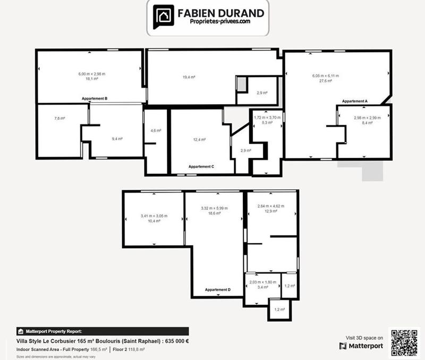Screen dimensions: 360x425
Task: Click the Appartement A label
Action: pyautogui.click(x=355, y=101)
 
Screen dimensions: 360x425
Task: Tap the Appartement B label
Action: pyautogui.click(x=95, y=98)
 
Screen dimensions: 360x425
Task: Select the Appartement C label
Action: pyautogui.click(x=201, y=166)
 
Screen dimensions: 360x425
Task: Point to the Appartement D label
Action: pyautogui.click(x=218, y=290)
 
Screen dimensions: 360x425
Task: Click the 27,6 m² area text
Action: pyautogui.click(x=325, y=81)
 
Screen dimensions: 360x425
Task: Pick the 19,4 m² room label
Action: pyautogui.click(x=189, y=77)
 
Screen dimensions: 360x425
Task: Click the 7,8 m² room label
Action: pyautogui.click(x=59, y=118)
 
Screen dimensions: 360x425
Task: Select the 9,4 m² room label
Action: pyautogui.click(x=117, y=139)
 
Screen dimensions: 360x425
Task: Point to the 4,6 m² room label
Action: pyautogui.click(x=156, y=130)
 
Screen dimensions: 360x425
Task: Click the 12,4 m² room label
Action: pyautogui.click(x=199, y=139)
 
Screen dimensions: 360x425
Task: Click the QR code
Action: pyautogui.click(x=405, y=342)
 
